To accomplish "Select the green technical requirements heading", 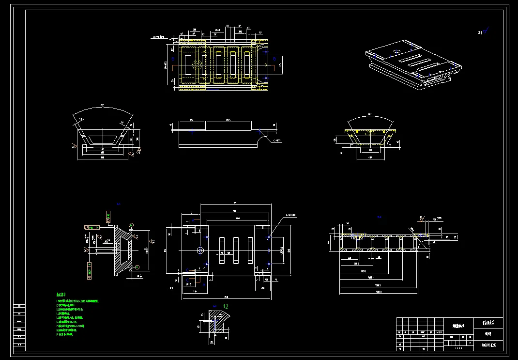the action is point(61,294).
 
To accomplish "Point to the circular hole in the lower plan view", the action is point(200,250).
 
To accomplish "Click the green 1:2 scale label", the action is point(226,306).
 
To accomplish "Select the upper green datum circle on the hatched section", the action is point(132,225).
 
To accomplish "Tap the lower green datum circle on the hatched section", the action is point(137,266).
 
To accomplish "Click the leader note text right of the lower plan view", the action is point(293,215).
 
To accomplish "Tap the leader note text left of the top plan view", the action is point(159,36).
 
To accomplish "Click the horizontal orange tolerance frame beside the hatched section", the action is point(91,227).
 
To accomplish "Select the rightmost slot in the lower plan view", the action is point(250,250).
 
